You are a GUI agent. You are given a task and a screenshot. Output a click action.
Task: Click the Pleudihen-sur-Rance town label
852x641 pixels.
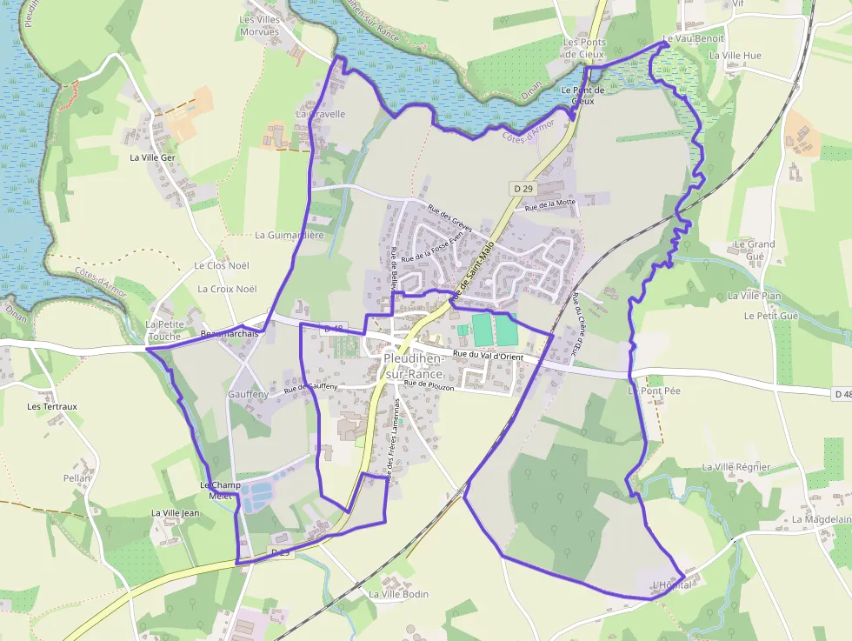pyautogui.click(x=414, y=366)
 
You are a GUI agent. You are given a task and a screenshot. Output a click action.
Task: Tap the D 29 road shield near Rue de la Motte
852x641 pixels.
pyautogui.click(x=522, y=188)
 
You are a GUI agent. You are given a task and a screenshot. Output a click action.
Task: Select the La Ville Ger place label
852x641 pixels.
pyautogui.click(x=152, y=157)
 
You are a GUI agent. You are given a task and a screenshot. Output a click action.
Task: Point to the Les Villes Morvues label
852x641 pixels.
pyautogui.click(x=259, y=25)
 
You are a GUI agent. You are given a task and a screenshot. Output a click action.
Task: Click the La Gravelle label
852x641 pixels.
pyautogui.click(x=321, y=114)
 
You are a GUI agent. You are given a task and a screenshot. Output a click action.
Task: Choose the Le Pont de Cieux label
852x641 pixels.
pyautogui.click(x=582, y=95)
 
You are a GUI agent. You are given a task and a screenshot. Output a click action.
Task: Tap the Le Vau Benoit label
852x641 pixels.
pyautogui.click(x=693, y=39)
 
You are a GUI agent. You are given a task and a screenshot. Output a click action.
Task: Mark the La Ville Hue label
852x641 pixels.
pyautogui.click(x=735, y=56)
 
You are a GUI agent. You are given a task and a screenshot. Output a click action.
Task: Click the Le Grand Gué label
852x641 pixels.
pyautogui.click(x=755, y=250)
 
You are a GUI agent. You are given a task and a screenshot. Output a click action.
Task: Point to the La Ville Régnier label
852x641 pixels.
pyautogui.click(x=736, y=467)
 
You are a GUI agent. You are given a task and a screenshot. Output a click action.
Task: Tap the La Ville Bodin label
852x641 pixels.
pyautogui.click(x=398, y=594)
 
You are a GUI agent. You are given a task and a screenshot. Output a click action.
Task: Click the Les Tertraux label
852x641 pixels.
pyautogui.click(x=52, y=406)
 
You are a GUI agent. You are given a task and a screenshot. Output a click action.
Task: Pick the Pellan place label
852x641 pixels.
pyautogui.click(x=77, y=478)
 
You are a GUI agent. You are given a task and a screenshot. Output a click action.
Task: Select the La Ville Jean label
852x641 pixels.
pyautogui.click(x=176, y=513)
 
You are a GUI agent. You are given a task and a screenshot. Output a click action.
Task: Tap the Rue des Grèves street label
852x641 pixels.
pyautogui.click(x=449, y=217)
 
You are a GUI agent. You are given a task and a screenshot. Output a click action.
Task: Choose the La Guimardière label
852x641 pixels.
pyautogui.click(x=289, y=235)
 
